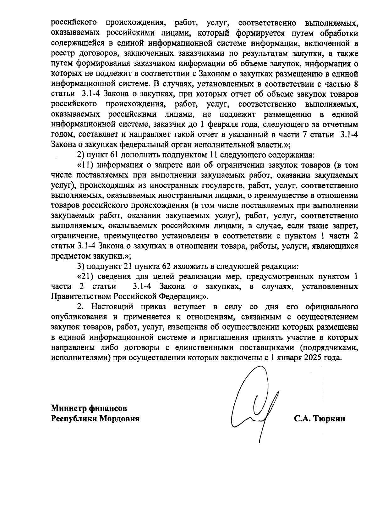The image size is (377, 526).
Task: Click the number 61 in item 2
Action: click(x=113, y=155)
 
